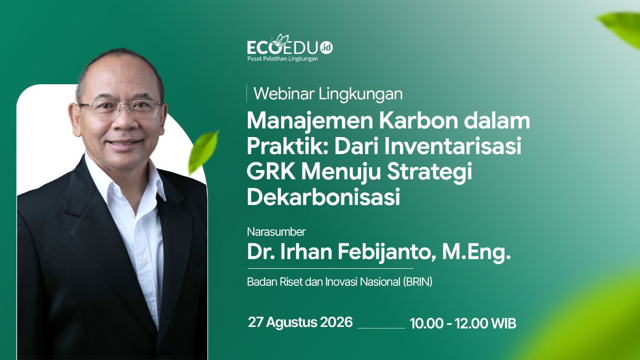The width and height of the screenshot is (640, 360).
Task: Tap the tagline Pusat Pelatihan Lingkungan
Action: click(x=282, y=59)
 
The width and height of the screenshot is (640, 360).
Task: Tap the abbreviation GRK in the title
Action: click(x=271, y=171)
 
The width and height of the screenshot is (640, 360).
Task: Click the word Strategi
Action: click(x=429, y=173)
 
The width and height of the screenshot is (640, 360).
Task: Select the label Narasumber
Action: click(x=276, y=231)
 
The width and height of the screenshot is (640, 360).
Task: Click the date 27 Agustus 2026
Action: click(x=300, y=322)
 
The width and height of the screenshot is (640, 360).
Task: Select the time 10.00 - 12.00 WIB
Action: click(x=463, y=323)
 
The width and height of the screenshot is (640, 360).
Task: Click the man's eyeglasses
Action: click(x=120, y=109)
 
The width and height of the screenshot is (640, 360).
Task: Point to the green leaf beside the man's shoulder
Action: click(x=203, y=151)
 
